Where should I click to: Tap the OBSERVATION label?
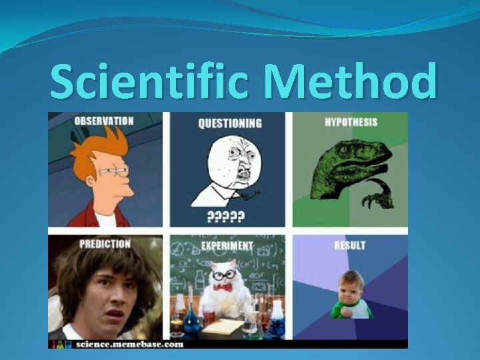103,121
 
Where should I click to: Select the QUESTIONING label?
229,123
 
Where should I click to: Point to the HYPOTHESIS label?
351,122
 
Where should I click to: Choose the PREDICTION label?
105,244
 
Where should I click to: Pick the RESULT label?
350,245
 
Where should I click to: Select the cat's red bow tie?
223,287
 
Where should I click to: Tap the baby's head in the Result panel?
351,284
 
